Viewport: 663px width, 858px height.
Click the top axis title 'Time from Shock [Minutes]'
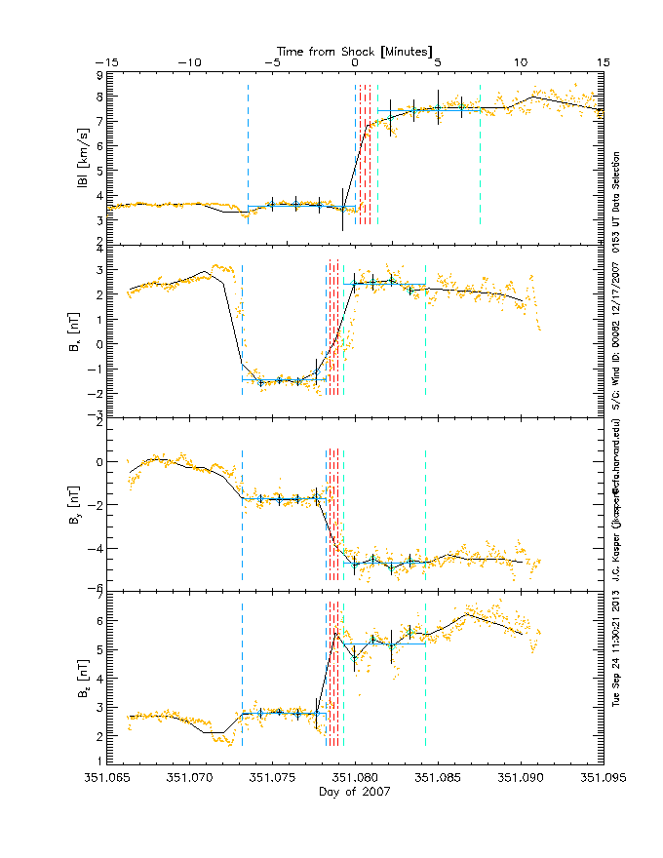tap(355, 50)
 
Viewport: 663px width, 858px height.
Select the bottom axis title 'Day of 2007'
tap(355, 793)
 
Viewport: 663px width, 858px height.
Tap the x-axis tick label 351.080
tap(355, 779)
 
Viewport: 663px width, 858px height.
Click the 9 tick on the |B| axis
tap(98, 74)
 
